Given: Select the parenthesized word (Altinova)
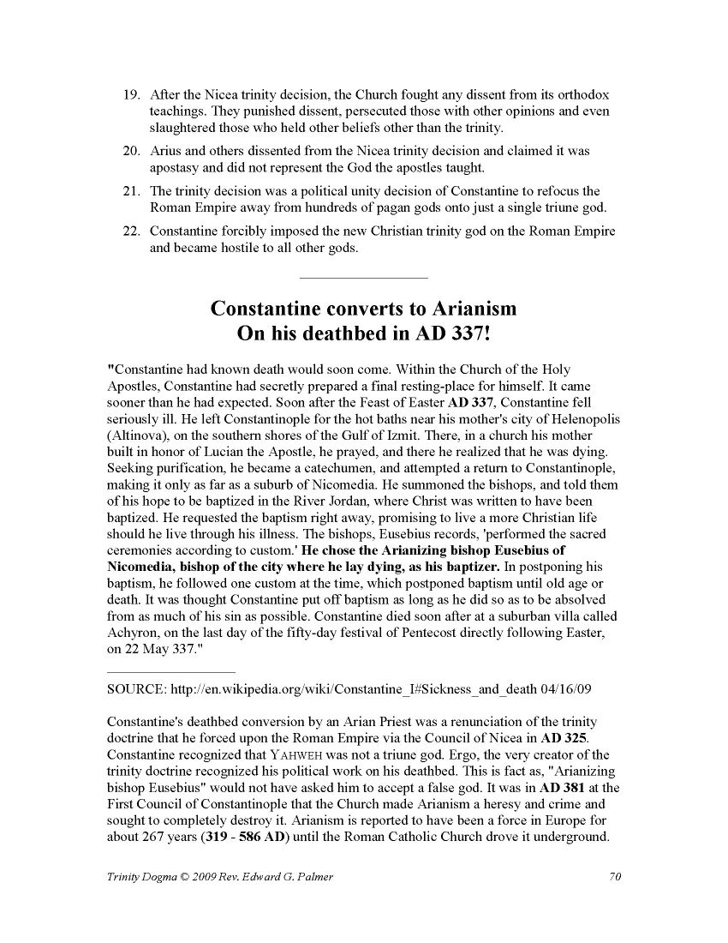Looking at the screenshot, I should point(138,435).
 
